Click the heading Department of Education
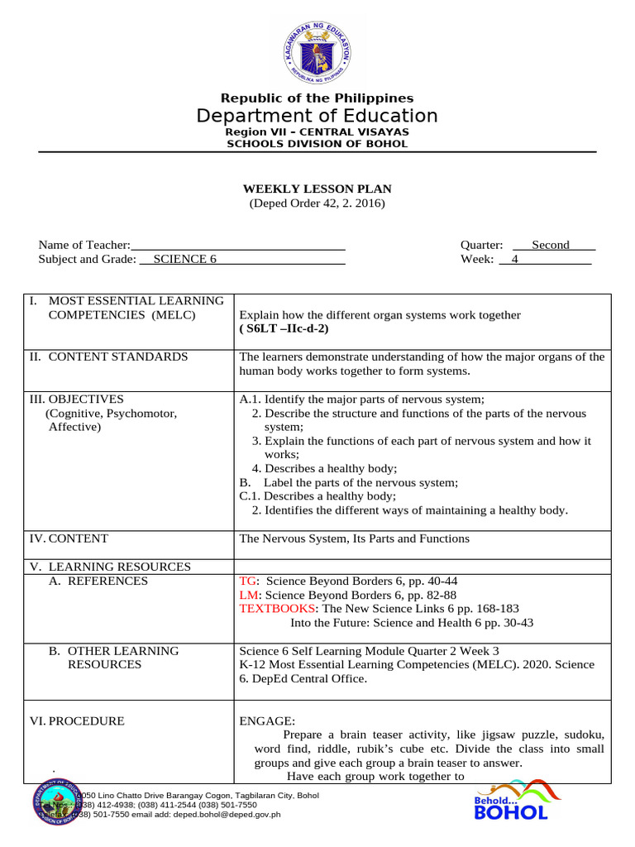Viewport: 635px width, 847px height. pos(317,116)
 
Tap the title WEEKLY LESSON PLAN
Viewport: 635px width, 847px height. pos(317,189)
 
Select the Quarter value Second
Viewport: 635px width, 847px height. pos(551,245)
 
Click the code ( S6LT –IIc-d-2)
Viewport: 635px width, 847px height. pos(284,328)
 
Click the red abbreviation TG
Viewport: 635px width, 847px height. pos(247,581)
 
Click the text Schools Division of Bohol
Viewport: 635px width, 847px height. pos(317,144)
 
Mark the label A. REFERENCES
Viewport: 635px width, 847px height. pos(98,581)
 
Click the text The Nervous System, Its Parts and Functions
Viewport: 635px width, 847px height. pos(354,538)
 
